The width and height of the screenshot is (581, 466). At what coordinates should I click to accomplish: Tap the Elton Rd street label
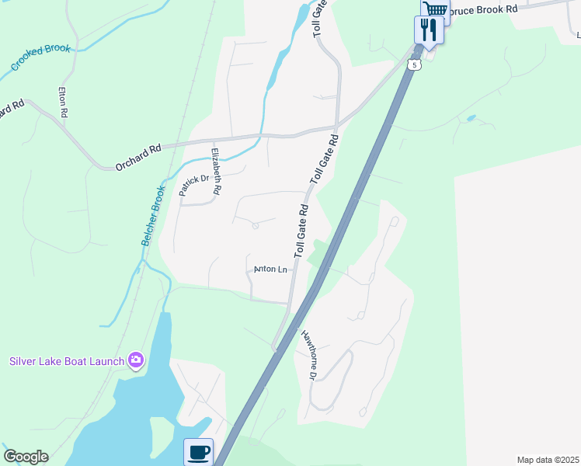(64, 102)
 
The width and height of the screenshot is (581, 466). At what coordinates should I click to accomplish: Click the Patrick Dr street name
(195, 184)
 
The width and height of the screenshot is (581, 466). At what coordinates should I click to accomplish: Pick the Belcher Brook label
(153, 216)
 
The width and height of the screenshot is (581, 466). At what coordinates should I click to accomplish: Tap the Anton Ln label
(271, 270)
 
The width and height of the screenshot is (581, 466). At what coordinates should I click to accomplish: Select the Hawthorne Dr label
(308, 355)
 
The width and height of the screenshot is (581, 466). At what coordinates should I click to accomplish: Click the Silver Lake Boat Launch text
(67, 361)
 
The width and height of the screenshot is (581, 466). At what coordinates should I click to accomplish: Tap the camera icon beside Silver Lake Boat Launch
(137, 359)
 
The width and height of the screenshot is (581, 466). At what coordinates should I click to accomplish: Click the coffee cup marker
(199, 451)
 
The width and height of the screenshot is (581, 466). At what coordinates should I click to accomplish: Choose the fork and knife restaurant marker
(428, 30)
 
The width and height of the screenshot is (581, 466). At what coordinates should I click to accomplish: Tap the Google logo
(26, 457)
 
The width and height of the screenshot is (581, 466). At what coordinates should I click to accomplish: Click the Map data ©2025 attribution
(547, 460)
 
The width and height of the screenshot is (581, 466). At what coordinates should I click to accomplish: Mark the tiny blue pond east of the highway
(470, 119)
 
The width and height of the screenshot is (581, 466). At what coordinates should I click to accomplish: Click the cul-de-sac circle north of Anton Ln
(256, 226)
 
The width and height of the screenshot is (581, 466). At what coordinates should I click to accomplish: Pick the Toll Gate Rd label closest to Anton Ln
(301, 231)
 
